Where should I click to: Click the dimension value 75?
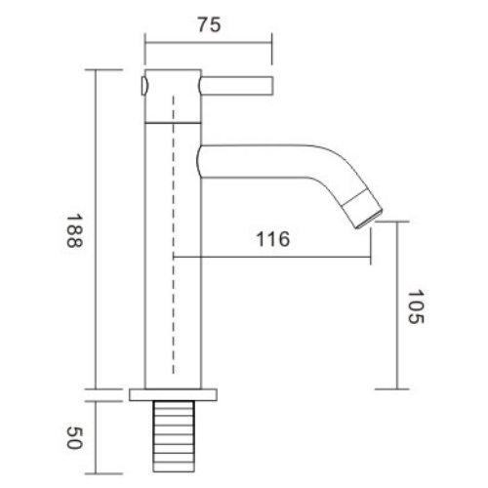pos(206,26)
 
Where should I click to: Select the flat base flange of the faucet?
pos(173,394)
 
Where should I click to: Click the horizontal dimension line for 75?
pos(206,41)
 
